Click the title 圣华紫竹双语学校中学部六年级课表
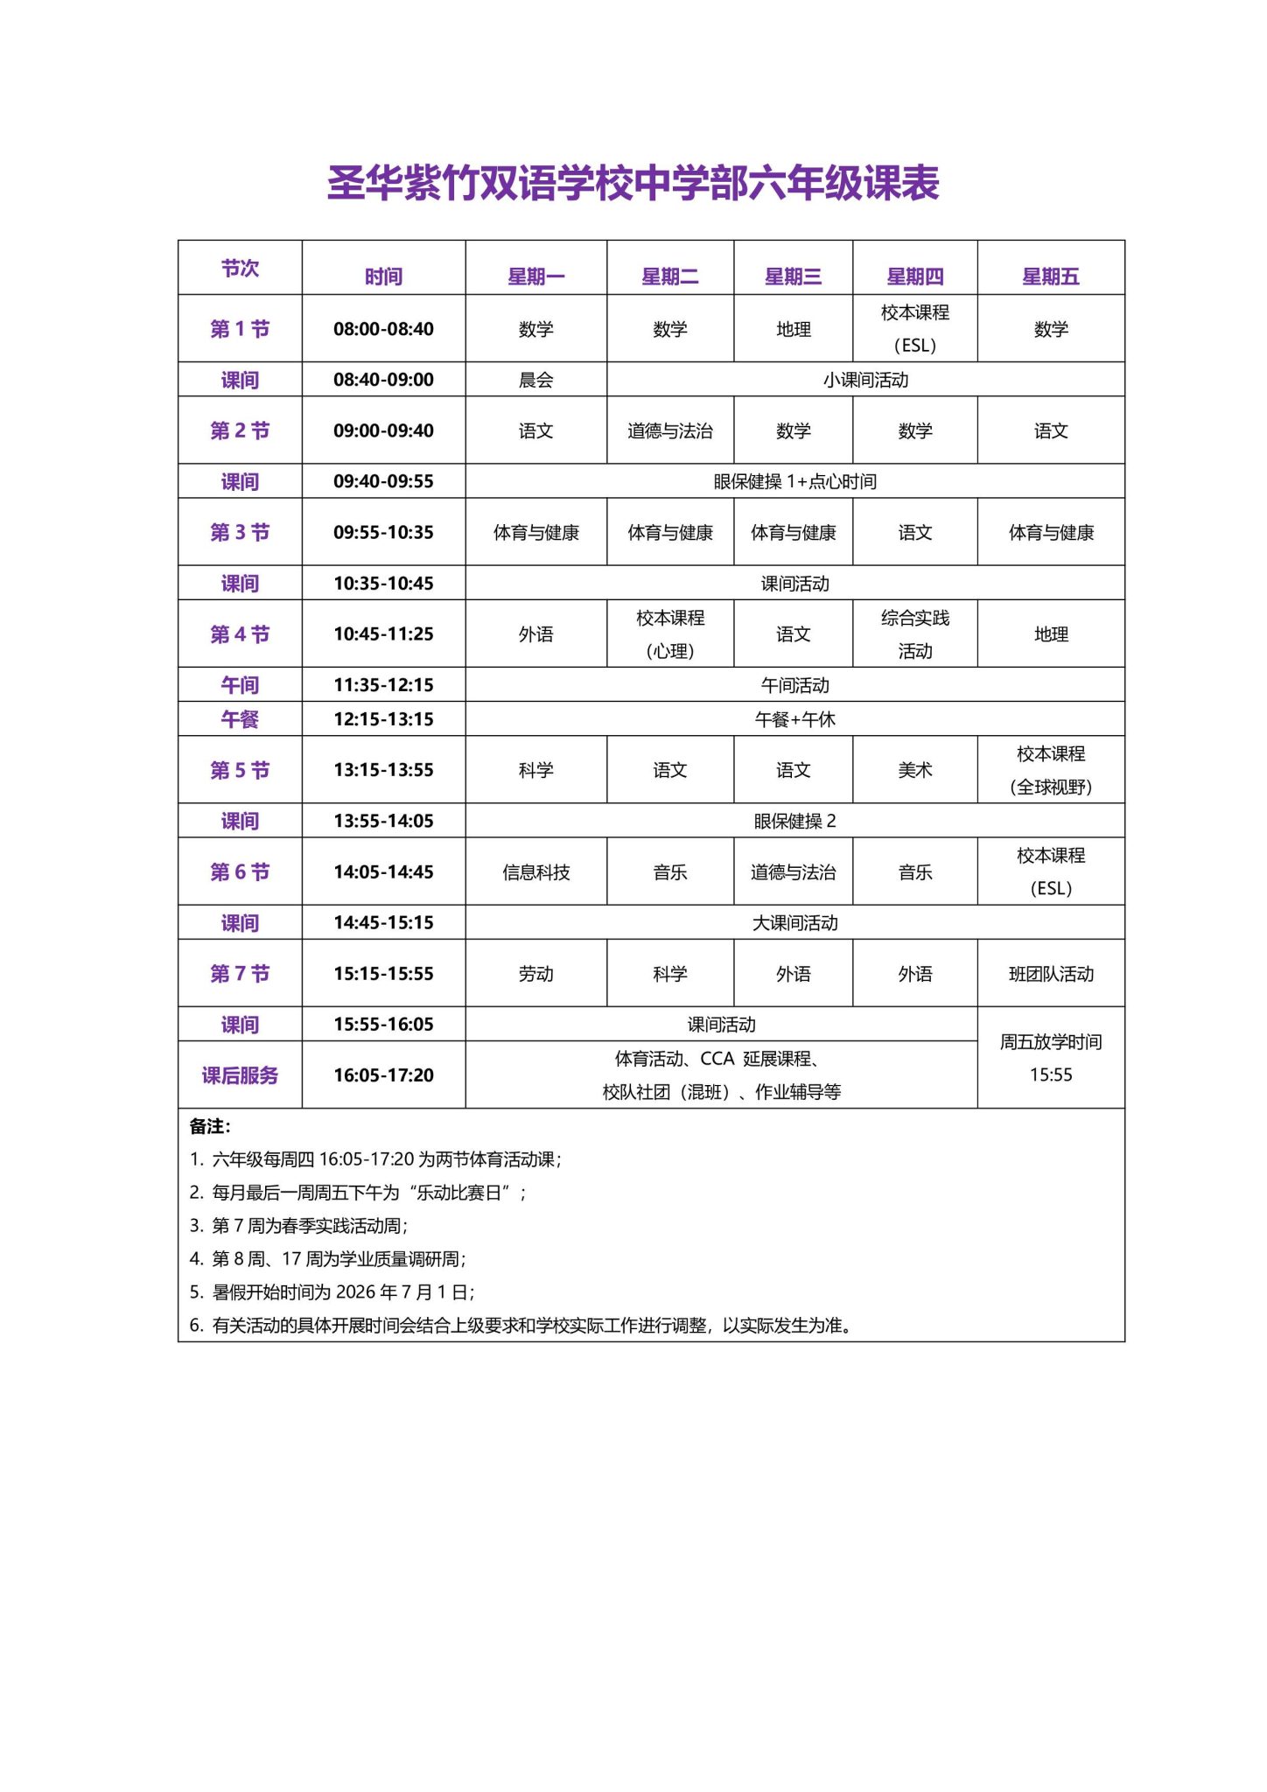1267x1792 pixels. pyautogui.click(x=633, y=183)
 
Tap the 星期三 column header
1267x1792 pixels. pyautogui.click(x=793, y=276)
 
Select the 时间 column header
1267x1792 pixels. pyautogui.click(x=383, y=276)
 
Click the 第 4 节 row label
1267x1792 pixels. pyautogui.click(x=240, y=633)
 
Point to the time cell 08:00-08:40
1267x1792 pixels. pyautogui.click(x=383, y=329)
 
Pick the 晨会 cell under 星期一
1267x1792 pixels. pyautogui.click(x=535, y=380)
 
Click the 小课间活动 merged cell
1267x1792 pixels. pyautogui.click(x=865, y=380)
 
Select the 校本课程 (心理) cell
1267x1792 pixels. pyautogui.click(x=670, y=633)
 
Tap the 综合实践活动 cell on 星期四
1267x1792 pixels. pyautogui.click(x=914, y=633)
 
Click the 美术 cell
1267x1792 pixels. pyautogui.click(x=914, y=770)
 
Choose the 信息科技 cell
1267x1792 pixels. pyautogui.click(x=535, y=871)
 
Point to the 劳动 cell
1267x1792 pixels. pyautogui.click(x=535, y=974)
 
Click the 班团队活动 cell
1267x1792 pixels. pyautogui.click(x=1051, y=974)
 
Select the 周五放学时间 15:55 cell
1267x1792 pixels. pyautogui.click(x=1051, y=1058)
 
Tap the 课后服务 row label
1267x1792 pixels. pyautogui.click(x=240, y=1075)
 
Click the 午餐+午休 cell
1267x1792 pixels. pyautogui.click(x=794, y=719)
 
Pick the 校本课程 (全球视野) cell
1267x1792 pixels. pyautogui.click(x=1051, y=770)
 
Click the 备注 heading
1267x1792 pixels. pyautogui.click(x=210, y=1126)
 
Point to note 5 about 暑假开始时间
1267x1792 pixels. pyautogui.click(x=332, y=1292)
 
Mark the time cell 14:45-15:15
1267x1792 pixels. pyautogui.click(x=383, y=922)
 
